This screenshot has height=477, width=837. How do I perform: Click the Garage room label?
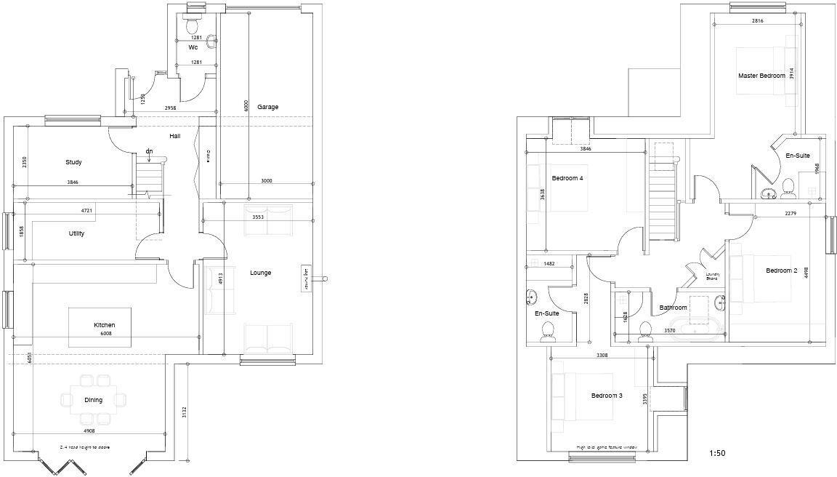coord(267,108)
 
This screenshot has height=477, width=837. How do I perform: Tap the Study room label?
coord(73,162)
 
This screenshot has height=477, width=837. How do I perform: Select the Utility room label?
coord(76,233)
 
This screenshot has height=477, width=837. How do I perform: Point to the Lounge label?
coord(260,273)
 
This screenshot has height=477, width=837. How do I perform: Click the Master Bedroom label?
coord(761,76)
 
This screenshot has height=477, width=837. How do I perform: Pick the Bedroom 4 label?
coord(567,178)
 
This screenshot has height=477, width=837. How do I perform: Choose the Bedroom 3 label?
coord(607,396)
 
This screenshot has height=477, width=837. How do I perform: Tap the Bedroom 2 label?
coord(781,270)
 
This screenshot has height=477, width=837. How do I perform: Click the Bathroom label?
coord(673,308)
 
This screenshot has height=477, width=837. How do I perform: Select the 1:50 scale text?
coord(717,454)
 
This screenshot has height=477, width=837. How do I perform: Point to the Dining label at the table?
coord(93,400)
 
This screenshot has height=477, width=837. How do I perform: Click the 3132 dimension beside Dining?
coord(185,412)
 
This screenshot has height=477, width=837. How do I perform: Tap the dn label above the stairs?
coord(149,151)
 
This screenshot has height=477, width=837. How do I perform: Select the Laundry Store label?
coord(712,276)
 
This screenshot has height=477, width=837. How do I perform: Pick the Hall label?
coord(175,136)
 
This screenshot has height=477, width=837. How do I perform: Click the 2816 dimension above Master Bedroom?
coord(757,21)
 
